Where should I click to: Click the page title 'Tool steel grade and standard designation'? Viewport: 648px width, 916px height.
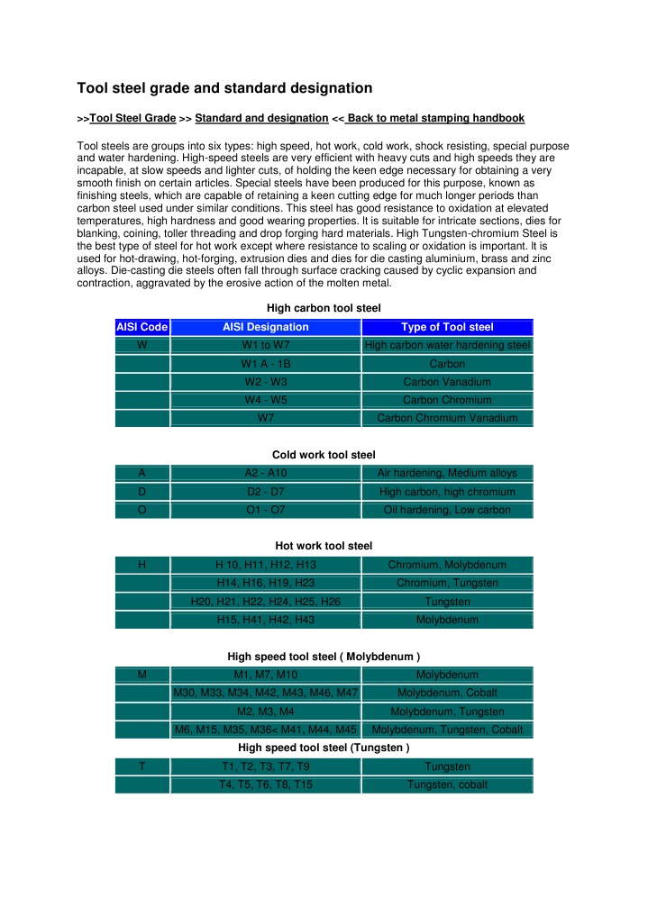(x=224, y=88)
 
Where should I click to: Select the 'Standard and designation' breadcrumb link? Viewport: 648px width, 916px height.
(x=261, y=118)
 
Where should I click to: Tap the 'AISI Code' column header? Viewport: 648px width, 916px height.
(x=142, y=327)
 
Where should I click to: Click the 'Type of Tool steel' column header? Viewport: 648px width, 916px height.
(x=447, y=327)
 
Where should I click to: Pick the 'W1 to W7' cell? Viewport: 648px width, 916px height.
(x=265, y=346)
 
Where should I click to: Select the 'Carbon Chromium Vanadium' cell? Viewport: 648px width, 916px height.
(x=447, y=418)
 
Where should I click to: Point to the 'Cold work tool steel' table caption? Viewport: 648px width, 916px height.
(x=324, y=455)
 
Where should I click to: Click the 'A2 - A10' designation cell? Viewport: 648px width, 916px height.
(x=265, y=474)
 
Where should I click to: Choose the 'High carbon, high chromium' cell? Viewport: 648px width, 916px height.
(x=447, y=492)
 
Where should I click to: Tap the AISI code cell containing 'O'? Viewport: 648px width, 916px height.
(x=142, y=510)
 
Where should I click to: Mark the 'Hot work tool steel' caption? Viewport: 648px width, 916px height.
(x=324, y=546)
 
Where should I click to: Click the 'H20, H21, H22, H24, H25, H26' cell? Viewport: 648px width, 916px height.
(x=265, y=602)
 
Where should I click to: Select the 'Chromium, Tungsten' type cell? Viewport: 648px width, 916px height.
(x=447, y=584)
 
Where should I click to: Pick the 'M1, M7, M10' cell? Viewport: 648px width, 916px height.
(x=265, y=675)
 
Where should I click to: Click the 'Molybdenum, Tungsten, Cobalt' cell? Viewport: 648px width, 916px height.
(x=447, y=730)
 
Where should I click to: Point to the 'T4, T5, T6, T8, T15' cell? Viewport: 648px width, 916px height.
(x=265, y=784)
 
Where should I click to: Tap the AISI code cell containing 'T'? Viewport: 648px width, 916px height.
(x=142, y=766)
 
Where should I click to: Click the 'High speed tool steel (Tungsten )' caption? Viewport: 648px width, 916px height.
(x=324, y=748)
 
